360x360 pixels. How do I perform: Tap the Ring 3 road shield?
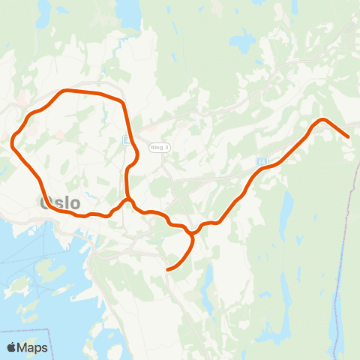click(x=159, y=147)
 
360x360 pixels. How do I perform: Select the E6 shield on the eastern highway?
click(x=262, y=161)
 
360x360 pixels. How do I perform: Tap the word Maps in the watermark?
click(x=32, y=347)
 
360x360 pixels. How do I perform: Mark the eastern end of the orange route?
click(x=348, y=136)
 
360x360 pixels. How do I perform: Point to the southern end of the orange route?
click(x=167, y=269)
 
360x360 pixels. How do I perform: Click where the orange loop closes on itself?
click(x=128, y=200)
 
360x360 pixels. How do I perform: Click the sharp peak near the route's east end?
click(x=322, y=120)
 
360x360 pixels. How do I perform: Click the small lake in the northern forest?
click(x=242, y=41)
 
